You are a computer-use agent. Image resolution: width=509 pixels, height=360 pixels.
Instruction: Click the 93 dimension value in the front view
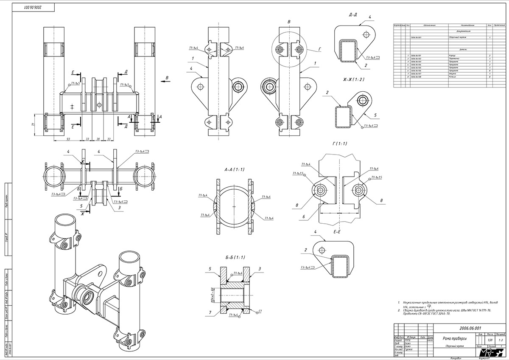[x=68, y=139]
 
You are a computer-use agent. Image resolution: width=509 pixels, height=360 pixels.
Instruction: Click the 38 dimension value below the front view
[x=98, y=139]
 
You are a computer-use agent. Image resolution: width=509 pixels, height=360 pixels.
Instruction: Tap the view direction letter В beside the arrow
[x=167, y=78]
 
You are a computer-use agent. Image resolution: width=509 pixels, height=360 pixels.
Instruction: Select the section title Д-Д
[x=352, y=15]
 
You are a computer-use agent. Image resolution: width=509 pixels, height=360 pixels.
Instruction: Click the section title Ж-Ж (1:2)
[x=352, y=79]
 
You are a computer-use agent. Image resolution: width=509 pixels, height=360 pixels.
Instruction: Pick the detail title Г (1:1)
[x=340, y=143]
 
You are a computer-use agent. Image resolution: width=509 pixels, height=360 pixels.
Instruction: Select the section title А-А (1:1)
[x=235, y=169]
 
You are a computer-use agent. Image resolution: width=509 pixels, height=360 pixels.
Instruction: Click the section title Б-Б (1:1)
[x=235, y=257]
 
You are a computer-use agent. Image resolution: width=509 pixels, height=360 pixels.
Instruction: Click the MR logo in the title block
[x=495, y=353]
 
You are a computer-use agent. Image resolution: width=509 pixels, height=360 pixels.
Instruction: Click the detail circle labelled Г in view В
[x=289, y=50]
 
